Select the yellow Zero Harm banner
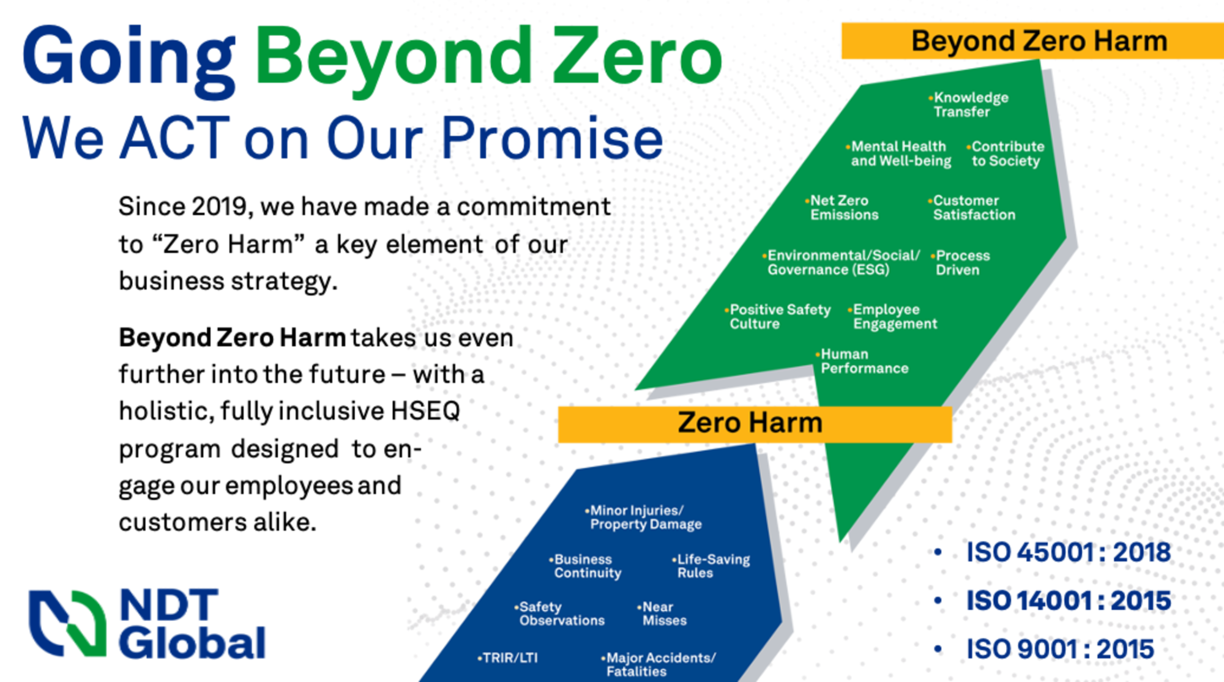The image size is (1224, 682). coord(754,424)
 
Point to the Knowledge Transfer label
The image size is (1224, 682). coord(969,105)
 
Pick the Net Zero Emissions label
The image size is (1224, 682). coord(843,208)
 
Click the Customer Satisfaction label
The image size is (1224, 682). coord(973,208)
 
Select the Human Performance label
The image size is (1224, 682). coord(864,361)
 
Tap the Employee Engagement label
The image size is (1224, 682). coord(894,317)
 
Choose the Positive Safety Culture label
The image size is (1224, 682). coord(778,317)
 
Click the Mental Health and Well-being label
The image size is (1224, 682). coord(900,154)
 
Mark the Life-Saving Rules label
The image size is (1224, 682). coord(712,566)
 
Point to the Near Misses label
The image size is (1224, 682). coord(663,614)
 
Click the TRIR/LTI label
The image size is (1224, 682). coord(509,658)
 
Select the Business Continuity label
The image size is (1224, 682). coord(586,566)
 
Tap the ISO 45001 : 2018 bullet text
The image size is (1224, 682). coord(1068,552)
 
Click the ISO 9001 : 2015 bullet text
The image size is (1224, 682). coord(1060,650)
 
